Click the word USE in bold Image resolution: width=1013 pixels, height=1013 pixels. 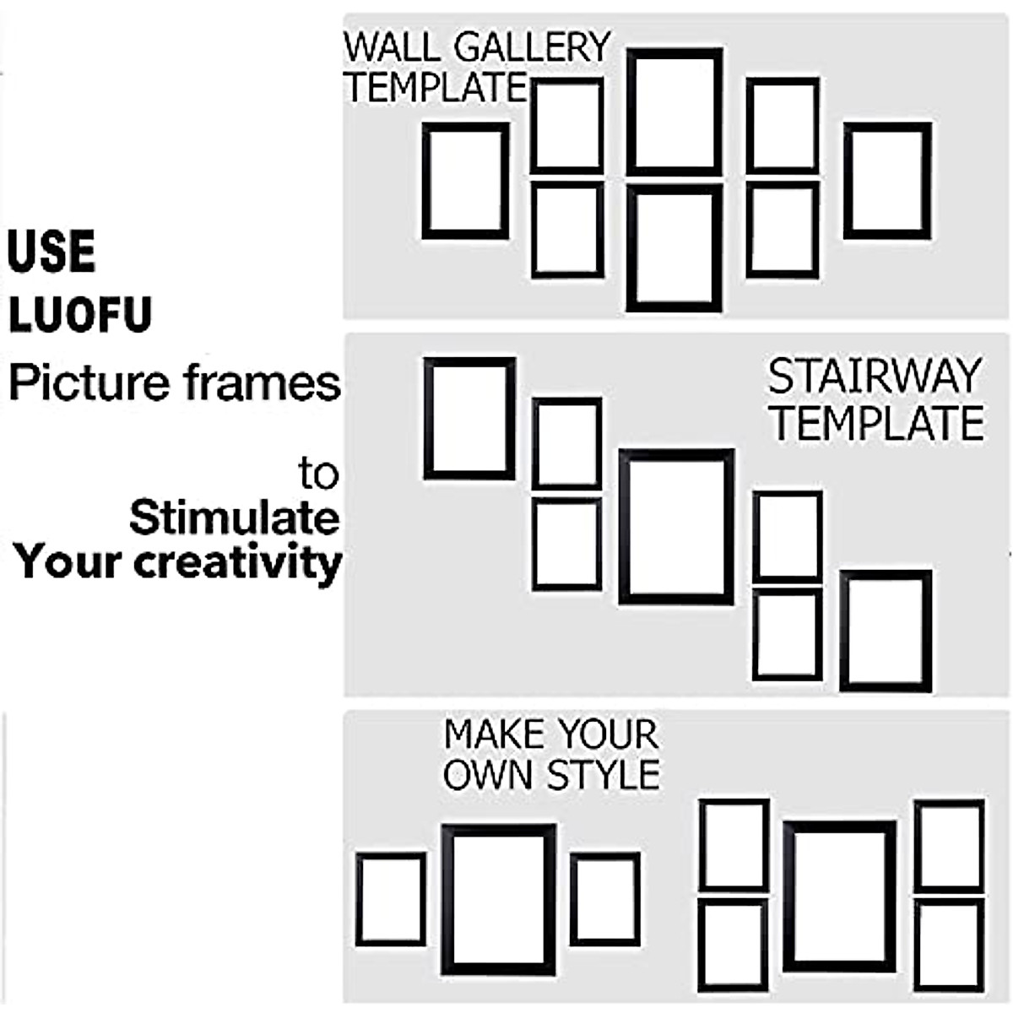[x=51, y=251]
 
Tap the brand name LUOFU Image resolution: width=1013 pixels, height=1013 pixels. [x=80, y=314]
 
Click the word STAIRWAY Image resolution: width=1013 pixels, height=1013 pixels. [x=875, y=377]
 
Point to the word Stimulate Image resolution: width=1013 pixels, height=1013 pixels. [x=234, y=517]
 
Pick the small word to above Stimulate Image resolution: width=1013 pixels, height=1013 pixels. [x=318, y=474]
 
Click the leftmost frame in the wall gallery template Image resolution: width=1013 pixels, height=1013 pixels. [x=465, y=181]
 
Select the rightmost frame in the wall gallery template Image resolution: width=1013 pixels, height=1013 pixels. [x=887, y=181]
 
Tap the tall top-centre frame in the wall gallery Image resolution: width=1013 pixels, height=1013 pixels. [x=674, y=112]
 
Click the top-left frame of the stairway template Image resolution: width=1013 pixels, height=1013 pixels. [x=469, y=419]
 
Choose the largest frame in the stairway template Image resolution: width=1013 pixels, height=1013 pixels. [x=676, y=527]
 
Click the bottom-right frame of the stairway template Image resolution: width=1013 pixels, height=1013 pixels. [x=886, y=631]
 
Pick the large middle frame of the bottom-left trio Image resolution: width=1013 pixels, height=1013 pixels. [x=499, y=900]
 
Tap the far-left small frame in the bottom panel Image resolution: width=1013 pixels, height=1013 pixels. [x=390, y=899]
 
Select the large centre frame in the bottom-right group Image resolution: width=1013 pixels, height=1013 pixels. [x=839, y=897]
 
